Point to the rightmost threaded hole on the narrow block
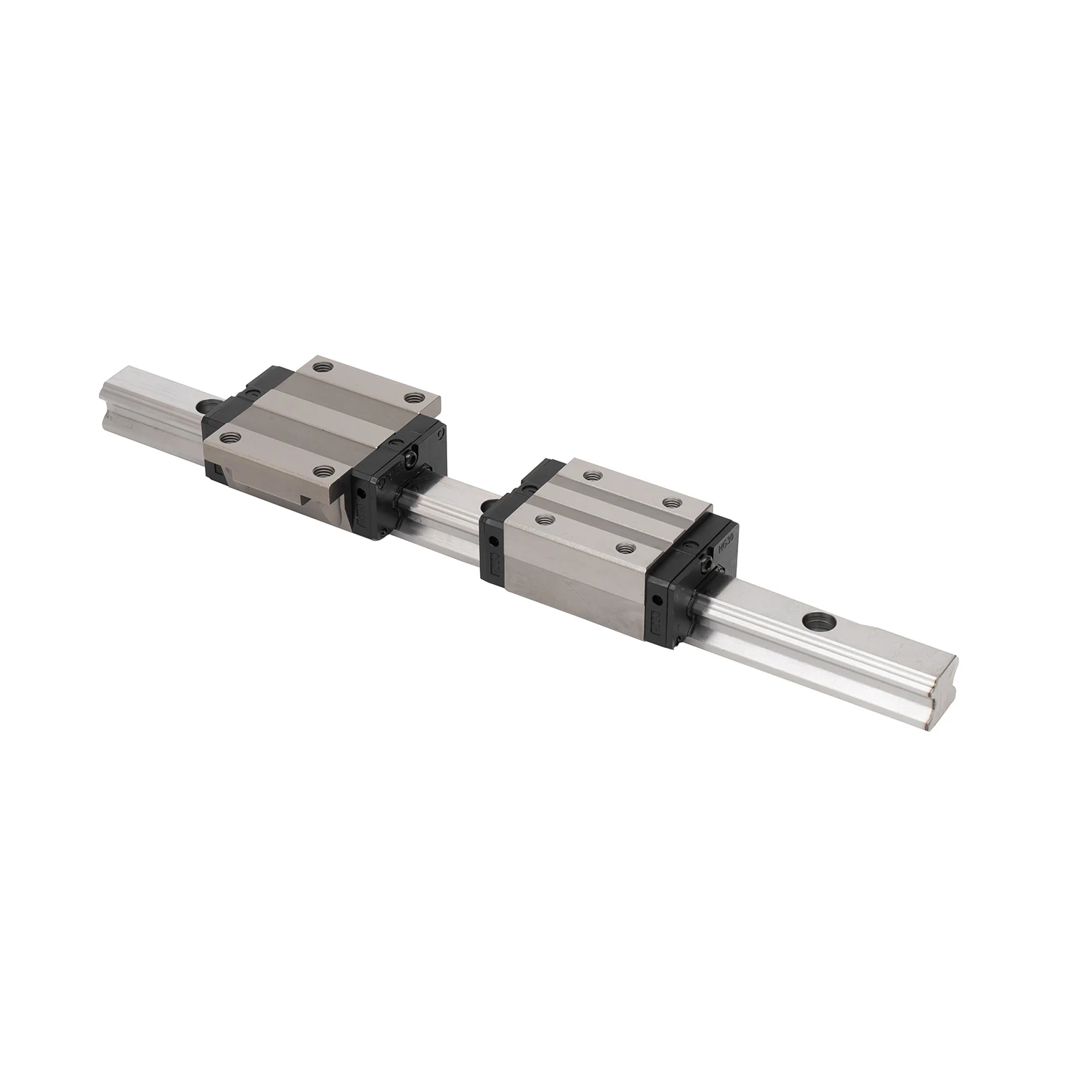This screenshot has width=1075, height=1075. pyautogui.click(x=671, y=502)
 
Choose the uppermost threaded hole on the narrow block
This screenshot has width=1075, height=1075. pyautogui.click(x=591, y=474)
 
